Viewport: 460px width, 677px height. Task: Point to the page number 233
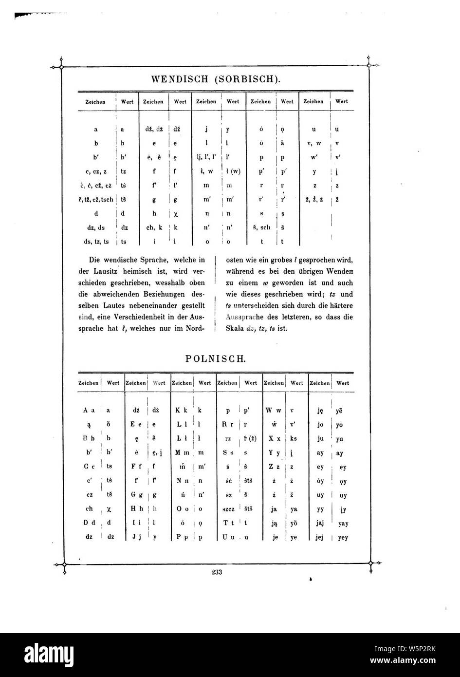217,572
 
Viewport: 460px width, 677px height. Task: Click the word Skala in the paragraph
235,329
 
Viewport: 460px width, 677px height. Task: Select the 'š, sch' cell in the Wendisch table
261,227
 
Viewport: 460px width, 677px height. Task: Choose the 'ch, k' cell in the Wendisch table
153,227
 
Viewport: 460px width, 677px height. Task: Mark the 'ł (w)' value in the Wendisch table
233,171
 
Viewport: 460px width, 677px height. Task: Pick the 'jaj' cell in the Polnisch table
320,525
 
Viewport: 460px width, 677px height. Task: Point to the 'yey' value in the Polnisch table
342,539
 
